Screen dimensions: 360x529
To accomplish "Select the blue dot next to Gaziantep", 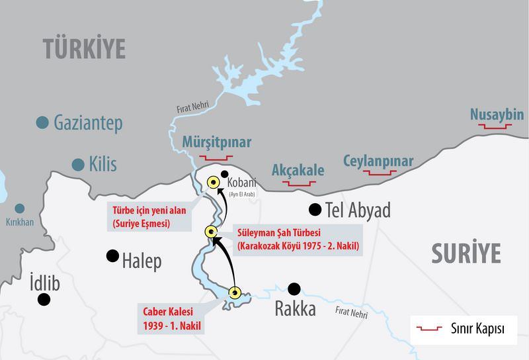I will pyautogui.click(x=42, y=122).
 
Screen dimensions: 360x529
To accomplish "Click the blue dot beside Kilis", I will pyautogui.click(x=79, y=163).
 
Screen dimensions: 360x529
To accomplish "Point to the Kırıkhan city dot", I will pyautogui.click(x=20, y=208).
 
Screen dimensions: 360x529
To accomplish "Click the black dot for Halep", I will pyautogui.click(x=113, y=254).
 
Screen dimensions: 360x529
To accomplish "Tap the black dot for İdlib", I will pyautogui.click(x=44, y=299).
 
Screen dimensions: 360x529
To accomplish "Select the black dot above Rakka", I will pyautogui.click(x=294, y=289).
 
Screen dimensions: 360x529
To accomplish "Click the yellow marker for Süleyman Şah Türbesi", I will pyautogui.click(x=210, y=231).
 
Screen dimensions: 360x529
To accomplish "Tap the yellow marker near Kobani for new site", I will pyautogui.click(x=214, y=184).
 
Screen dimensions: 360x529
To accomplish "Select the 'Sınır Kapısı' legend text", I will pyautogui.click(x=473, y=330).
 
